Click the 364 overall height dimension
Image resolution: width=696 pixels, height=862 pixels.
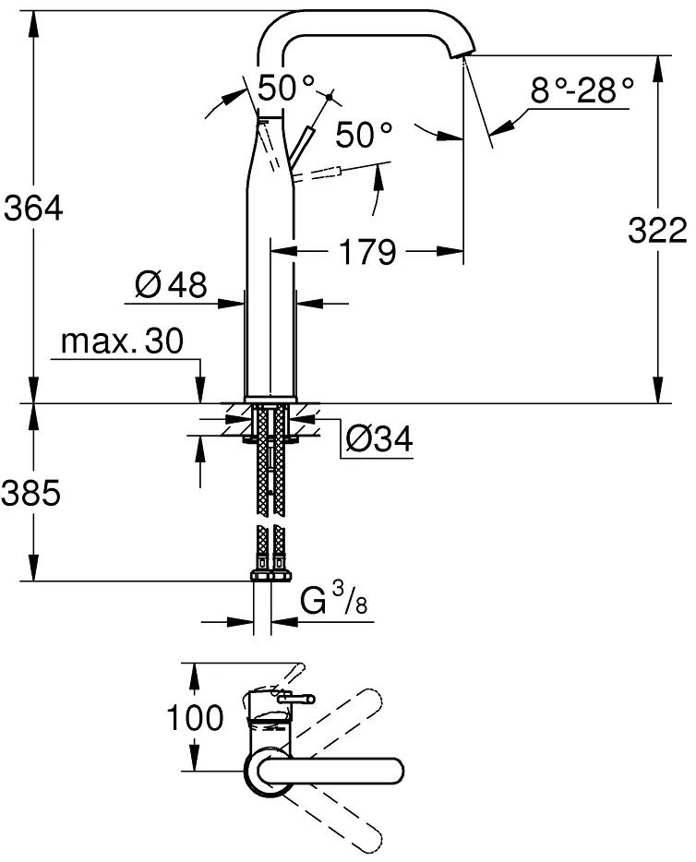[x=33, y=210]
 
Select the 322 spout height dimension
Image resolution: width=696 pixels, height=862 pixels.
[x=657, y=231]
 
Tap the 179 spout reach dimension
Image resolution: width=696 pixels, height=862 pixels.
[x=367, y=252]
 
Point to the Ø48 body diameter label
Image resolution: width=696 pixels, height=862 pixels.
[x=171, y=285]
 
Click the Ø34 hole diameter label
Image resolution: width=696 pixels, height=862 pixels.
[x=379, y=438]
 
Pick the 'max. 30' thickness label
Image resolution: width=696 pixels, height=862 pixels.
[x=122, y=341]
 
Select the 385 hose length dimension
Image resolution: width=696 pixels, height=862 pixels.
[x=30, y=493]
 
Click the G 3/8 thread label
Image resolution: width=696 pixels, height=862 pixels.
[x=334, y=599]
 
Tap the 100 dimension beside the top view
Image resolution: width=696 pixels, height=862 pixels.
[x=195, y=718]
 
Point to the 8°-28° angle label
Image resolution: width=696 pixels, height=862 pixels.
[x=582, y=90]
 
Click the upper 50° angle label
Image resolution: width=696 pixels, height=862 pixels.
[x=286, y=88]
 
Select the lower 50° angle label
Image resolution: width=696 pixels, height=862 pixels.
[x=364, y=135]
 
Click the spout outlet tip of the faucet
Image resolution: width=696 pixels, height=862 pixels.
[x=462, y=53]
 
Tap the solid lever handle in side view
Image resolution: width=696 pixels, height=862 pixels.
[x=301, y=146]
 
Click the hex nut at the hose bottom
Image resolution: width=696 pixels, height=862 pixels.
[x=271, y=576]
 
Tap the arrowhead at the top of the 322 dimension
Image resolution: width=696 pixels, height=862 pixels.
[x=656, y=67]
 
